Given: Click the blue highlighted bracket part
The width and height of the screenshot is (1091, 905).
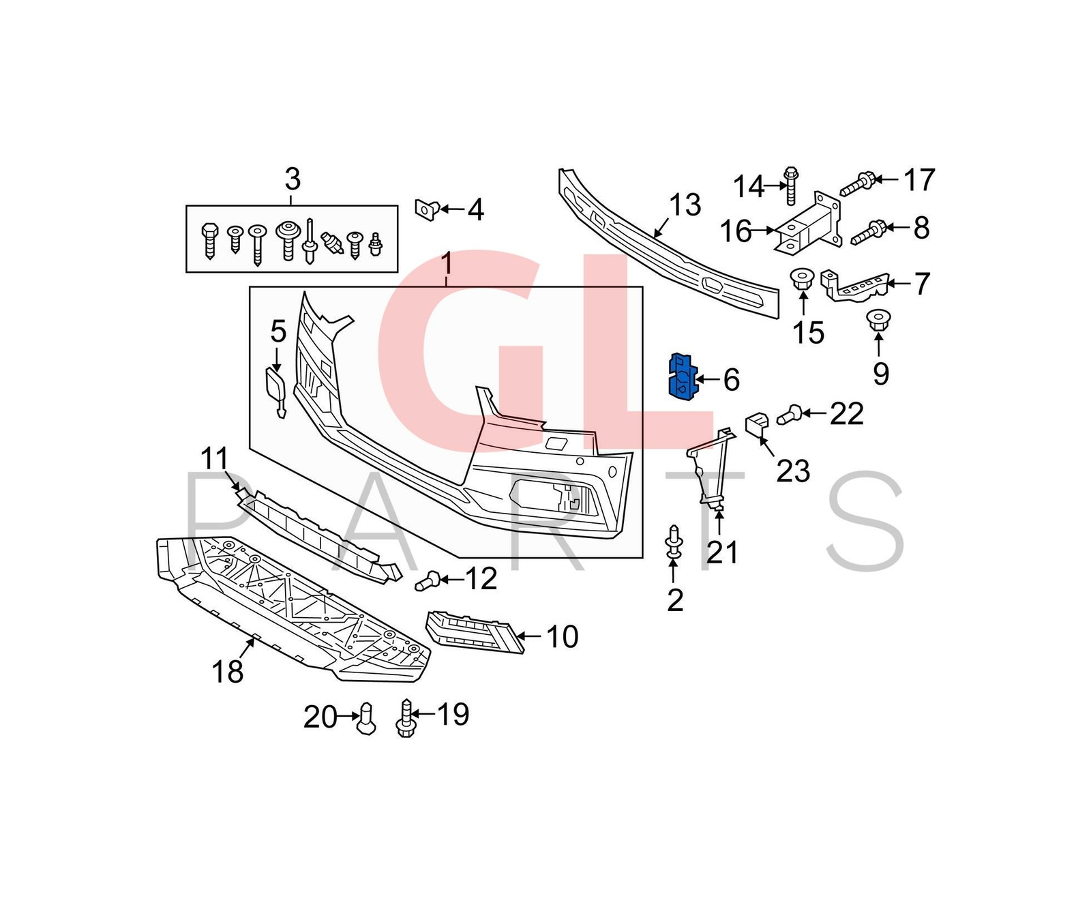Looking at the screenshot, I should [682, 376].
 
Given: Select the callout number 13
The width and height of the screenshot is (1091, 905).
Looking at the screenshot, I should [685, 205].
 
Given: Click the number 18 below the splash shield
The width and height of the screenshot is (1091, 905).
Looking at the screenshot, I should [227, 672].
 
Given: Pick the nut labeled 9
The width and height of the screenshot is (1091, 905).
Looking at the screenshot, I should [878, 321].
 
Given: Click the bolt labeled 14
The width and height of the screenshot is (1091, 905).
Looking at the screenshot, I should [791, 185].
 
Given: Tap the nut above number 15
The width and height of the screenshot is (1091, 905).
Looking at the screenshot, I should [803, 280].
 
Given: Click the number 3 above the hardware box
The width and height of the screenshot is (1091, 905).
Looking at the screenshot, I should [292, 180].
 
